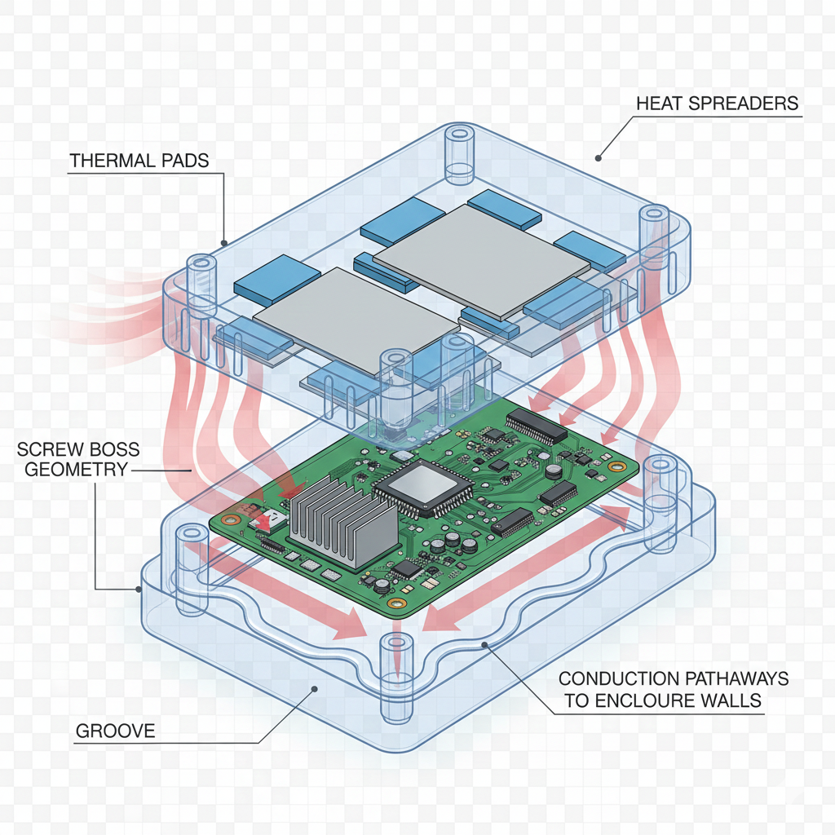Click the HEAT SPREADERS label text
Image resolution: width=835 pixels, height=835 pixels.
(x=717, y=104)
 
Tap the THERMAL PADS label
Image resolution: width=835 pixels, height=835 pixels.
(x=139, y=161)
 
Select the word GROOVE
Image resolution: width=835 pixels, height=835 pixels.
(x=115, y=731)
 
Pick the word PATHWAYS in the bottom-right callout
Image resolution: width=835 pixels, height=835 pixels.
(x=736, y=678)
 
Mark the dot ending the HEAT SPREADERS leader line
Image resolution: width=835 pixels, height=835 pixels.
(x=598, y=157)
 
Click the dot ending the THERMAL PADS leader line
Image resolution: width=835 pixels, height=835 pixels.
(x=224, y=242)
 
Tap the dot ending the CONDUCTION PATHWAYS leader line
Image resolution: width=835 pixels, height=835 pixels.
(x=484, y=645)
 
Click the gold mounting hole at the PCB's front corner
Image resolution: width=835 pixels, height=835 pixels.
(x=396, y=603)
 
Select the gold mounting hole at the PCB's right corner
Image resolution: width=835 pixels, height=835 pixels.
(x=612, y=466)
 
